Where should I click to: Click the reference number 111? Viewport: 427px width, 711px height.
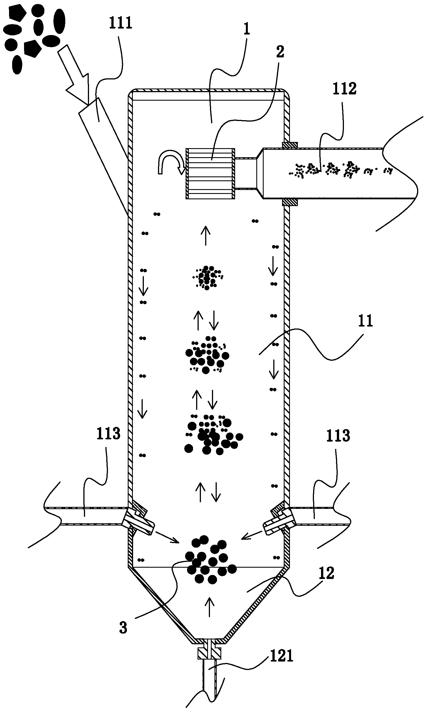click(x=121, y=23)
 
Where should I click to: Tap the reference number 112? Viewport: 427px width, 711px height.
click(x=344, y=89)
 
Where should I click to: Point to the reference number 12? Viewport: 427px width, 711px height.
click(x=326, y=573)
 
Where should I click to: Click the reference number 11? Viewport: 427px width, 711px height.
click(x=365, y=321)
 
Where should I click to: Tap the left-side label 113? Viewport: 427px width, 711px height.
click(x=108, y=433)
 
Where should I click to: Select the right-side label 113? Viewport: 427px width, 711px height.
click(x=338, y=436)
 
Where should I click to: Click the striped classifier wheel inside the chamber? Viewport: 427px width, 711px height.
click(x=210, y=173)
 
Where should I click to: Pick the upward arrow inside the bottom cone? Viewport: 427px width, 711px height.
click(x=209, y=607)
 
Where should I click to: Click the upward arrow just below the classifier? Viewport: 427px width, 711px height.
click(x=205, y=235)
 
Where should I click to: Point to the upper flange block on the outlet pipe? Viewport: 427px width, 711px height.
click(x=289, y=145)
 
